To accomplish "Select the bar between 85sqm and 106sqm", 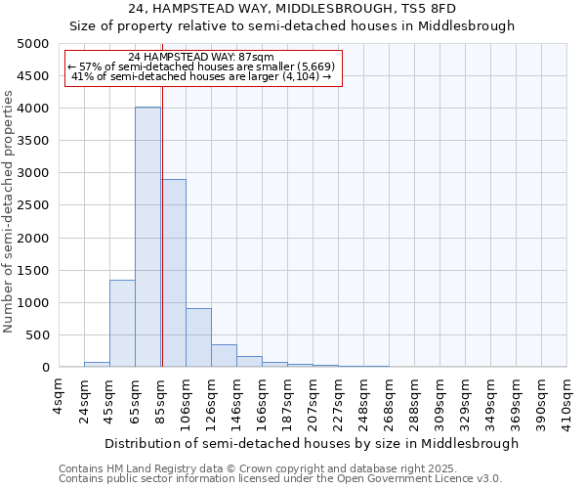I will (x=173, y=273).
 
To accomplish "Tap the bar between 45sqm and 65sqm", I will (x=122, y=323).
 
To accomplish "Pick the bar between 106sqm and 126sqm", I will (x=198, y=337).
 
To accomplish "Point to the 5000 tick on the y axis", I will (x=32, y=44).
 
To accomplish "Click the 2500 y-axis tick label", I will (x=32, y=205).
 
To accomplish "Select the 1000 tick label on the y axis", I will (x=32, y=303).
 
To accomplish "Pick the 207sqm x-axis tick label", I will (x=313, y=398).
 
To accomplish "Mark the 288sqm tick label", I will (x=414, y=398).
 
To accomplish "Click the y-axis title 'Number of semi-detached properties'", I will (x=10, y=210).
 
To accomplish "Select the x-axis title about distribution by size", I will (x=312, y=443).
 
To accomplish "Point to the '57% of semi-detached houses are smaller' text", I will (x=201, y=67).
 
